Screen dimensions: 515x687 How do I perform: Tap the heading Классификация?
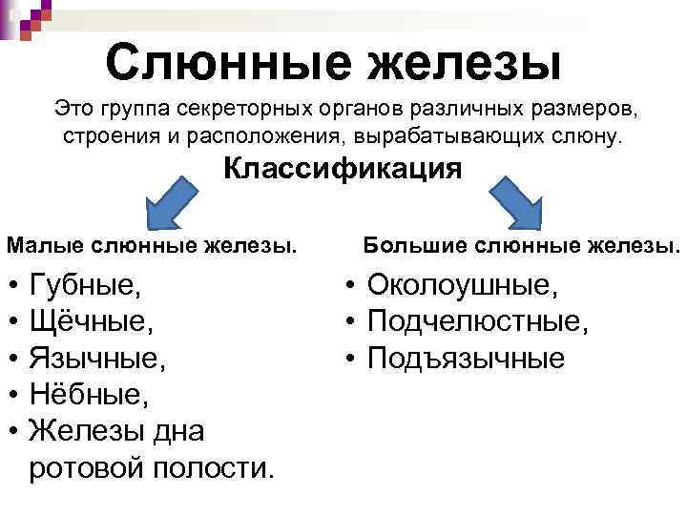pyautogui.click(x=343, y=170)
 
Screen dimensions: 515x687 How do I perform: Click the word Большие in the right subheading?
pyautogui.click(x=408, y=246)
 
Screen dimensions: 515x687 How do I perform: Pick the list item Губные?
pyautogui.click(x=85, y=284)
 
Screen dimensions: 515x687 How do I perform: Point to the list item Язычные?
pyautogui.click(x=96, y=358)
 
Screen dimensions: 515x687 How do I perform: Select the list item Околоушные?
pyautogui.click(x=463, y=284)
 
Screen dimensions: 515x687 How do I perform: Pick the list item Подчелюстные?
pyautogui.click(x=478, y=320)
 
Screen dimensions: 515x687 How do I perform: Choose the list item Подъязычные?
pyautogui.click(x=466, y=358)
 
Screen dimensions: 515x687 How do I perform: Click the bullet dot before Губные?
pyautogui.click(x=13, y=284)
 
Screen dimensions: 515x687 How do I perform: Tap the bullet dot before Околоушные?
pyautogui.click(x=351, y=284)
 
